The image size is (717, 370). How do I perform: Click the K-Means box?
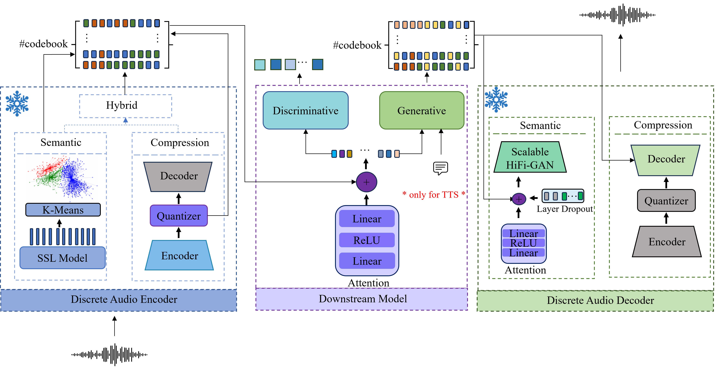coord(63,210)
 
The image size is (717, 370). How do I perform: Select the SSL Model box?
coord(63,258)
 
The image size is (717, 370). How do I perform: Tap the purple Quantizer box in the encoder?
coord(179,216)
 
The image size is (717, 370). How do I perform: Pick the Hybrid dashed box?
coord(125,106)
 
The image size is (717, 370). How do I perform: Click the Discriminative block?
coord(306,110)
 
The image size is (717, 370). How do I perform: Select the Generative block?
coord(422,110)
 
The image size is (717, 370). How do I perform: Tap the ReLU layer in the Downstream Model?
coord(367,240)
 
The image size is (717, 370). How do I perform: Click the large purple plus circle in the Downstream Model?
coord(367,182)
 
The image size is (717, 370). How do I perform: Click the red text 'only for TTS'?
coord(434,195)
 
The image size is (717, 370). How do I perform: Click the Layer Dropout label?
coord(565,209)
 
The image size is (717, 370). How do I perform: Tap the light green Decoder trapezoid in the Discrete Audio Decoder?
coord(666,160)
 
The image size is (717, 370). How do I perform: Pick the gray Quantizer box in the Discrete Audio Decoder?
coord(666,200)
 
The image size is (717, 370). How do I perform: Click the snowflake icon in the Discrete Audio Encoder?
coord(17,103)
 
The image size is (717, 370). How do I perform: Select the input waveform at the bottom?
coord(109,354)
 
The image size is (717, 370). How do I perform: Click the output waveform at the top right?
coord(617,15)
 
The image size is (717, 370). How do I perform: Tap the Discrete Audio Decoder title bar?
coord(595,301)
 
